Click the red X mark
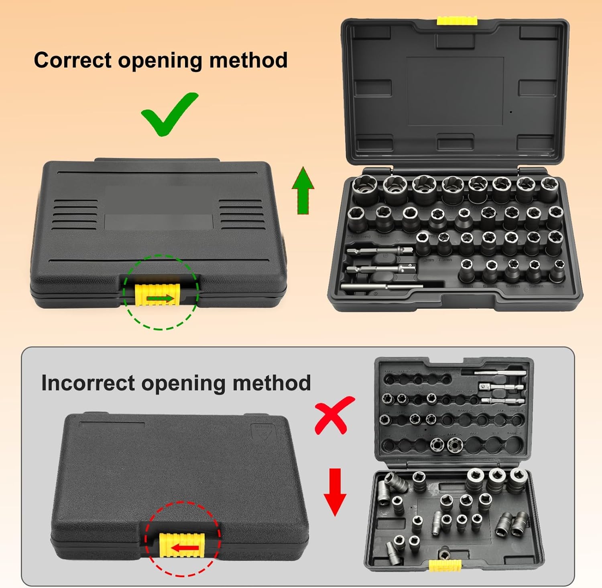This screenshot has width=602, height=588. click(x=334, y=415)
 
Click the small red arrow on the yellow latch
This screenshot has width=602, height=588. click(x=184, y=548)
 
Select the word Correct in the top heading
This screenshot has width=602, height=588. click(x=73, y=60)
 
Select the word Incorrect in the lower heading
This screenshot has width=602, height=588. click(x=88, y=383)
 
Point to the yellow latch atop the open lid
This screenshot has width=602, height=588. click(x=457, y=20)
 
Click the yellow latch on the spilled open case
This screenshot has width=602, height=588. click(x=445, y=565)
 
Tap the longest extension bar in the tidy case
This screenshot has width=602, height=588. click(x=381, y=287)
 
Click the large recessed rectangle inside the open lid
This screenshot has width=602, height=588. click(x=455, y=91)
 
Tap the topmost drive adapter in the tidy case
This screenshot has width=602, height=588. click(x=379, y=252)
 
